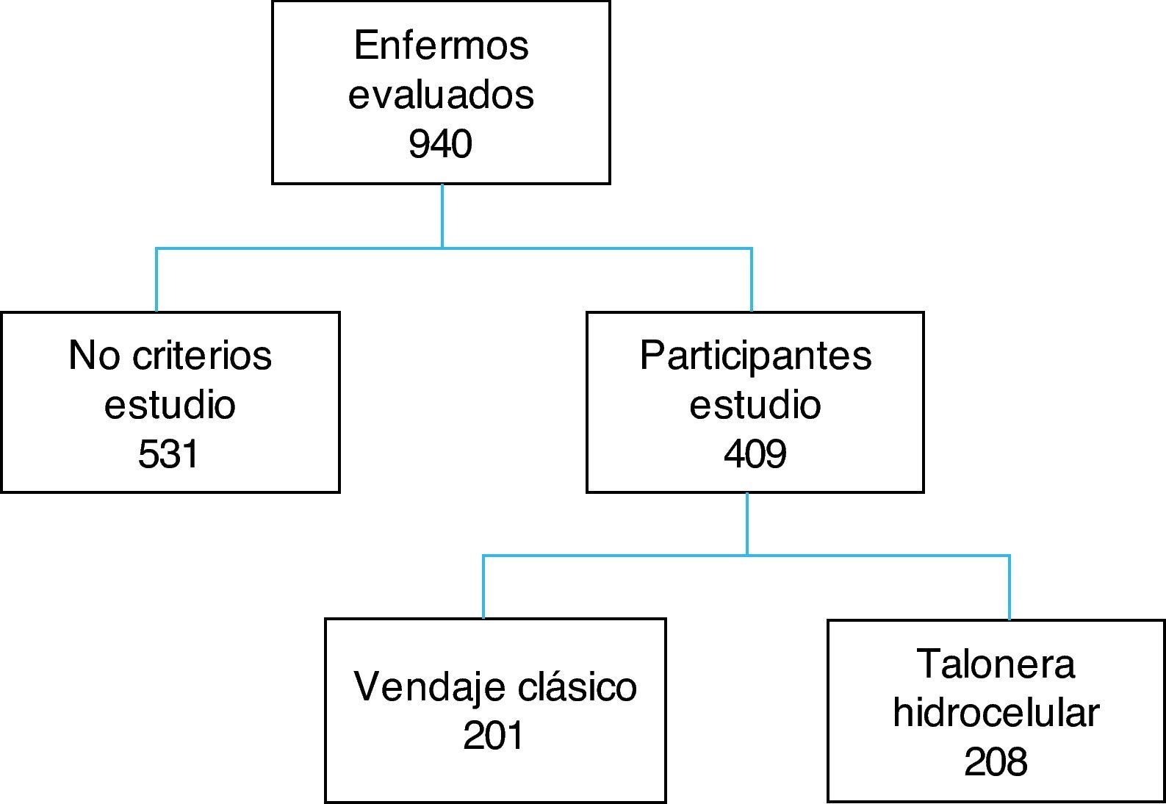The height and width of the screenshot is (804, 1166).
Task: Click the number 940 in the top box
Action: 440,144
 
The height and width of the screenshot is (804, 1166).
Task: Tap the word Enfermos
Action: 441,46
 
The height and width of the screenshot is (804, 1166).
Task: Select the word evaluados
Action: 441,96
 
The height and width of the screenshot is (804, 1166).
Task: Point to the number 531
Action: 169,455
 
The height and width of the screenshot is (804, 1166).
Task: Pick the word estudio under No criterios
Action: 170,406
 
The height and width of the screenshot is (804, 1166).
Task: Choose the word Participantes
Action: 755,356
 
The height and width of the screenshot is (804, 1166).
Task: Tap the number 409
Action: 755,455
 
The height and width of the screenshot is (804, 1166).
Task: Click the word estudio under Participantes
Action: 755,406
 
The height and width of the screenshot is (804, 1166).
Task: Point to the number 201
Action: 494,736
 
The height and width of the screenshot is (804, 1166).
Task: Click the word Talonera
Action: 996,664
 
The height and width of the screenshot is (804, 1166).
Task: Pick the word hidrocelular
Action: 996,713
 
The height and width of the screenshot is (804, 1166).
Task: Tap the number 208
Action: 996,762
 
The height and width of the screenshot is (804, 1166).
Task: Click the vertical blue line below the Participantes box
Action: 747,523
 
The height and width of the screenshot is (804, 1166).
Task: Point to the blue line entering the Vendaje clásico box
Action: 483,587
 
